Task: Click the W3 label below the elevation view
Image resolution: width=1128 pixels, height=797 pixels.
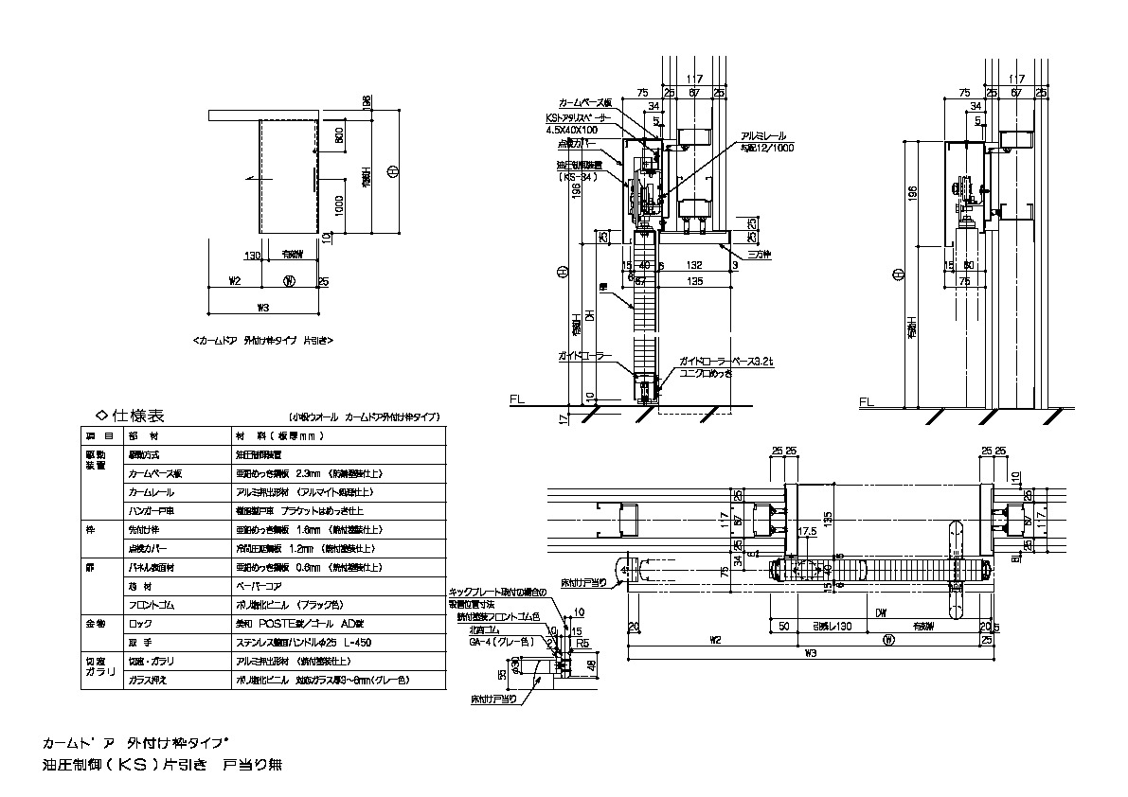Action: click(265, 306)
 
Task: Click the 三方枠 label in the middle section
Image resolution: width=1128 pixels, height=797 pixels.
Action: click(758, 254)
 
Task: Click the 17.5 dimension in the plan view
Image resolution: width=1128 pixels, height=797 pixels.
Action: click(807, 532)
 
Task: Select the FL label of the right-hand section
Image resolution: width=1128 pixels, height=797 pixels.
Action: click(864, 401)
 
